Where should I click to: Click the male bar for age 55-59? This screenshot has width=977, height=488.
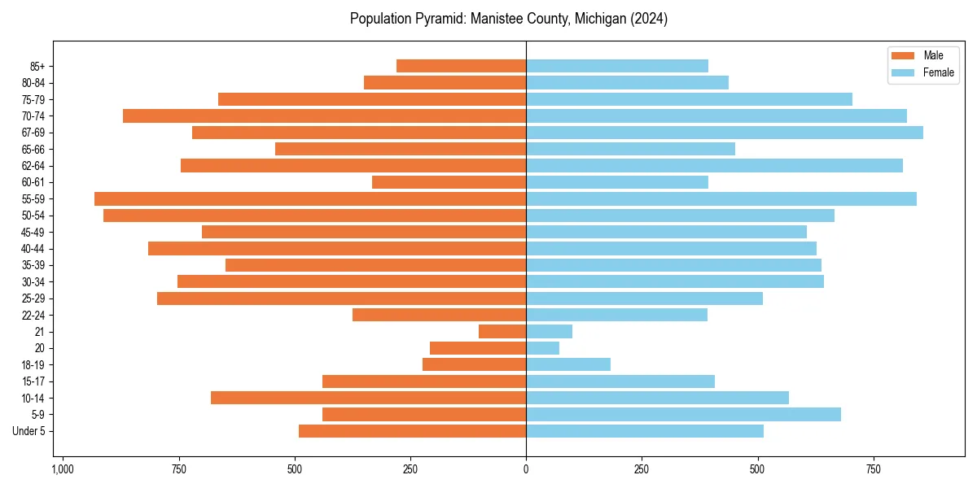tap(310, 198)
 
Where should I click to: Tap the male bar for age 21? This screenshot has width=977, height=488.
tap(502, 331)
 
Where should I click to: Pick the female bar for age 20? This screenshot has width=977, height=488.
tap(543, 348)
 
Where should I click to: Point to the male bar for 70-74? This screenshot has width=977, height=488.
tap(324, 115)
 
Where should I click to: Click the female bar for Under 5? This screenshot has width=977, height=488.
tap(645, 431)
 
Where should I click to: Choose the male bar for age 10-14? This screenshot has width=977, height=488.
tap(368, 398)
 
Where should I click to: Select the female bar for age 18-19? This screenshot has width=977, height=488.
tap(568, 364)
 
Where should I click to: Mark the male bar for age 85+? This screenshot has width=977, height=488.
tap(461, 66)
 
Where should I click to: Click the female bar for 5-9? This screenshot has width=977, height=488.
tap(683, 415)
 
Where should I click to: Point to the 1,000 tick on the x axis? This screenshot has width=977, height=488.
tap(63, 470)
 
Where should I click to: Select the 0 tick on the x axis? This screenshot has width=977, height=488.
tap(526, 470)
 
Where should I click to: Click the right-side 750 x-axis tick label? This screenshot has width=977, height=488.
tap(874, 470)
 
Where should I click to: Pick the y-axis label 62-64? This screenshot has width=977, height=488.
tap(33, 166)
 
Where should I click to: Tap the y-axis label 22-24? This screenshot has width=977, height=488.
tap(33, 315)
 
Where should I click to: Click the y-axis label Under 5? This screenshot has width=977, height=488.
tap(28, 431)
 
